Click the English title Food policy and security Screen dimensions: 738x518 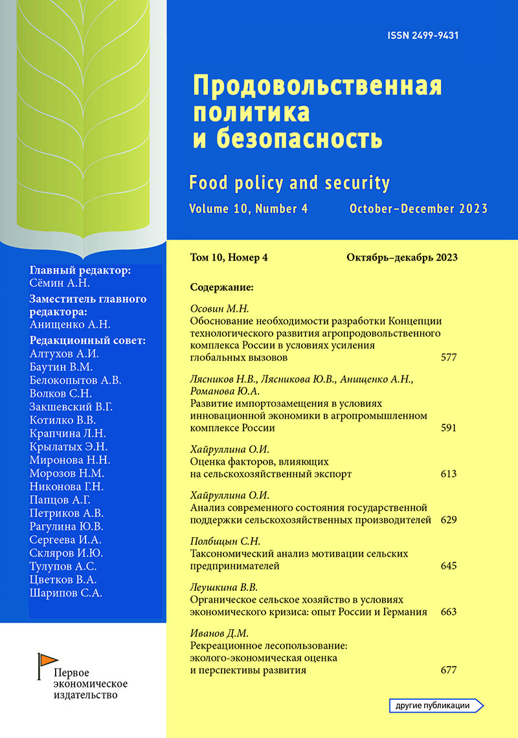(289, 183)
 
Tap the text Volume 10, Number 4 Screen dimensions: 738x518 (249, 209)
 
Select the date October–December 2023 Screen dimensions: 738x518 (418, 209)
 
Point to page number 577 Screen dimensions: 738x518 (449, 357)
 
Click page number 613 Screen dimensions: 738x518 (449, 474)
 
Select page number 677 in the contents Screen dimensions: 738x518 (449, 671)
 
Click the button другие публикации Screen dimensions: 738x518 (438, 706)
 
